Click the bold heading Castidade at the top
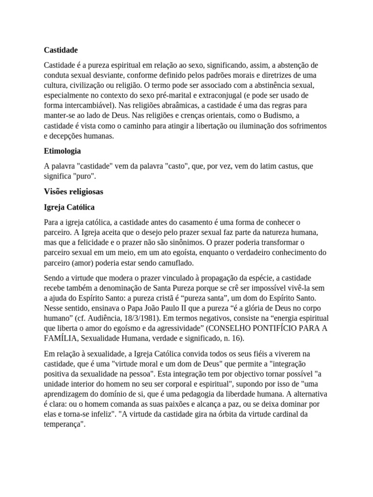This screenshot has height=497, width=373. coord(61,50)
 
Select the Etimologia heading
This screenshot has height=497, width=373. coord(63,151)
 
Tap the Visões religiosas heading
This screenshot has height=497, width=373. coord(73,192)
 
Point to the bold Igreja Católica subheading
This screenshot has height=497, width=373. coord(69,207)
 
